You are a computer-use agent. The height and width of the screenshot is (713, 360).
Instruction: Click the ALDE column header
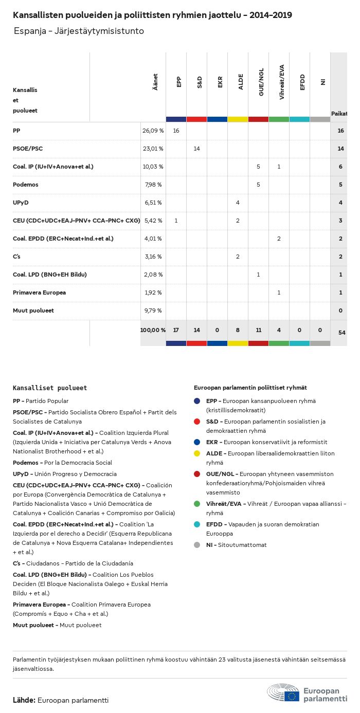click(241, 82)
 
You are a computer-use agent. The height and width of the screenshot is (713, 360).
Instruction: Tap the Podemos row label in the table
click(26, 185)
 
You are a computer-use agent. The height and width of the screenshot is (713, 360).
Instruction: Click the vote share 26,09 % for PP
click(153, 131)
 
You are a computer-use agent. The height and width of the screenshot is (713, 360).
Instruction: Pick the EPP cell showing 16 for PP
click(176, 131)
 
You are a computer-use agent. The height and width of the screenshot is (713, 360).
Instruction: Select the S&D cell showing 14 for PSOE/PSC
click(196, 149)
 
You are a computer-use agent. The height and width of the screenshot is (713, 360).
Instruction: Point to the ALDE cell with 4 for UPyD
click(238, 203)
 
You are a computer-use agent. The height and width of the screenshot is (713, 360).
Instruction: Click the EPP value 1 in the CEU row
click(176, 221)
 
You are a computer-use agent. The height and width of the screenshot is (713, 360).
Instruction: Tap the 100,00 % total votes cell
click(153, 330)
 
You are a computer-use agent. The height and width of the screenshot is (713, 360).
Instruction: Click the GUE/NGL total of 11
click(258, 330)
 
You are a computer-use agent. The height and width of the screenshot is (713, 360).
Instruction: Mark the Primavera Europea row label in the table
click(39, 292)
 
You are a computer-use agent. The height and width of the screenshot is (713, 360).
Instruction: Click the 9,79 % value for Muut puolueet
click(153, 310)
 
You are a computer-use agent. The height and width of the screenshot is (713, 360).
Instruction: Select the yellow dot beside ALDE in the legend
click(197, 453)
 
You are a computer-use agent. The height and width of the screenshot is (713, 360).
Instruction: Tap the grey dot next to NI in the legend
click(197, 545)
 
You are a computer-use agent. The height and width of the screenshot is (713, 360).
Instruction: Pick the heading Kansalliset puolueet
click(50, 388)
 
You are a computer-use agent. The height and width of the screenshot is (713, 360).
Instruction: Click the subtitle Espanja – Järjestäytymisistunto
click(79, 31)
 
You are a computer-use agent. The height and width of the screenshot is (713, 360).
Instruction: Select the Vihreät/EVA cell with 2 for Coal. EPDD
click(279, 239)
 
